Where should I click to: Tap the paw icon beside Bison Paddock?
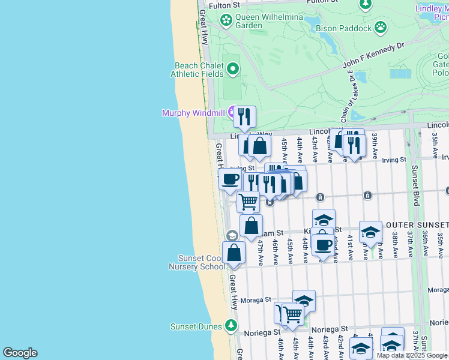(380, 26)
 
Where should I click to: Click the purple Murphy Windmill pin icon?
(231, 112)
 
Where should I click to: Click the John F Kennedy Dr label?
(374, 55)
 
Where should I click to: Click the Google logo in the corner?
(20, 353)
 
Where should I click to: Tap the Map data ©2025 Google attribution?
(412, 355)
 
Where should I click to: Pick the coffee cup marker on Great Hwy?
(230, 179)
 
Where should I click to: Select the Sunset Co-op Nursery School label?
(196, 262)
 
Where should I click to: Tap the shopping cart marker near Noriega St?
(292, 314)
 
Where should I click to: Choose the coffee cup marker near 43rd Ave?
(324, 245)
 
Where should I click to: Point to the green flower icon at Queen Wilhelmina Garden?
(226, 21)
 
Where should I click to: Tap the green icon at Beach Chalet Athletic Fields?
(232, 70)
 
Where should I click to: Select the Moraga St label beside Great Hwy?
(256, 299)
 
